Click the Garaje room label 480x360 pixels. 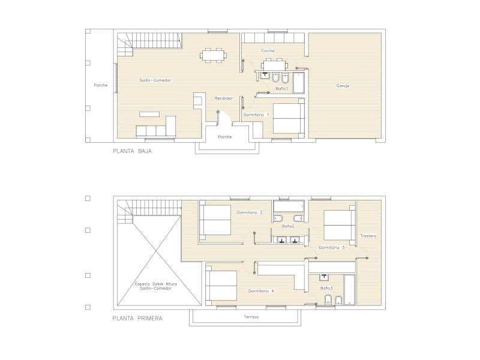tap(343, 86)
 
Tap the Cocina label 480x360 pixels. tap(268, 50)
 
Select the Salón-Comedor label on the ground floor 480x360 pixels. tap(155, 80)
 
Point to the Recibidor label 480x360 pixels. tap(223, 98)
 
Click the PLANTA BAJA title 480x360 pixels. tap(132, 151)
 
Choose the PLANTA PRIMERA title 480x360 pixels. tap(137, 319)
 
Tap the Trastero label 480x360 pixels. tap(368, 236)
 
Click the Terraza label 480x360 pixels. tap(251, 317)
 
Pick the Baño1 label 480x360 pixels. tap(281, 88)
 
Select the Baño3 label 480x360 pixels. tap(326, 288)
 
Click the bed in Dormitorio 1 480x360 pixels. tap(289, 118)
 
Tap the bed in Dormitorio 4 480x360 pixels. tap(221, 286)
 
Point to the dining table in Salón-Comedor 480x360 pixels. tap(214, 55)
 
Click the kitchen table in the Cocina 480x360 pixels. tap(275, 65)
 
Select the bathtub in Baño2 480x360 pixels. tap(289, 206)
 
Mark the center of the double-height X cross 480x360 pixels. tap(157, 251)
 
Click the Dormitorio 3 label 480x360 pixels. tap(332, 247)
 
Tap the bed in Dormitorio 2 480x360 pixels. tap(215, 220)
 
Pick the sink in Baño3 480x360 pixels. tap(324, 277)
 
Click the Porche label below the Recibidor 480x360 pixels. tap(225, 137)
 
